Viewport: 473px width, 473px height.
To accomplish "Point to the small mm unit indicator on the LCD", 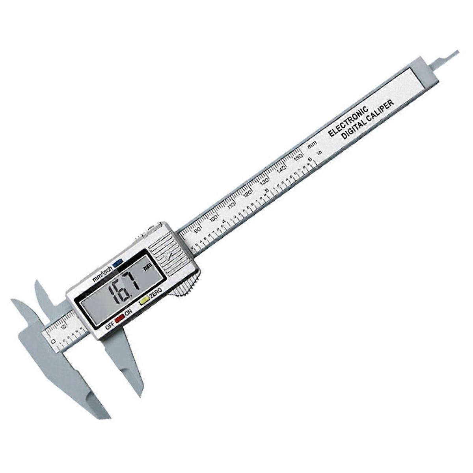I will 147,266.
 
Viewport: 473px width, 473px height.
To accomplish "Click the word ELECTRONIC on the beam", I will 349,121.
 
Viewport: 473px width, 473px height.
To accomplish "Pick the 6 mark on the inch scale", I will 310,159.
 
